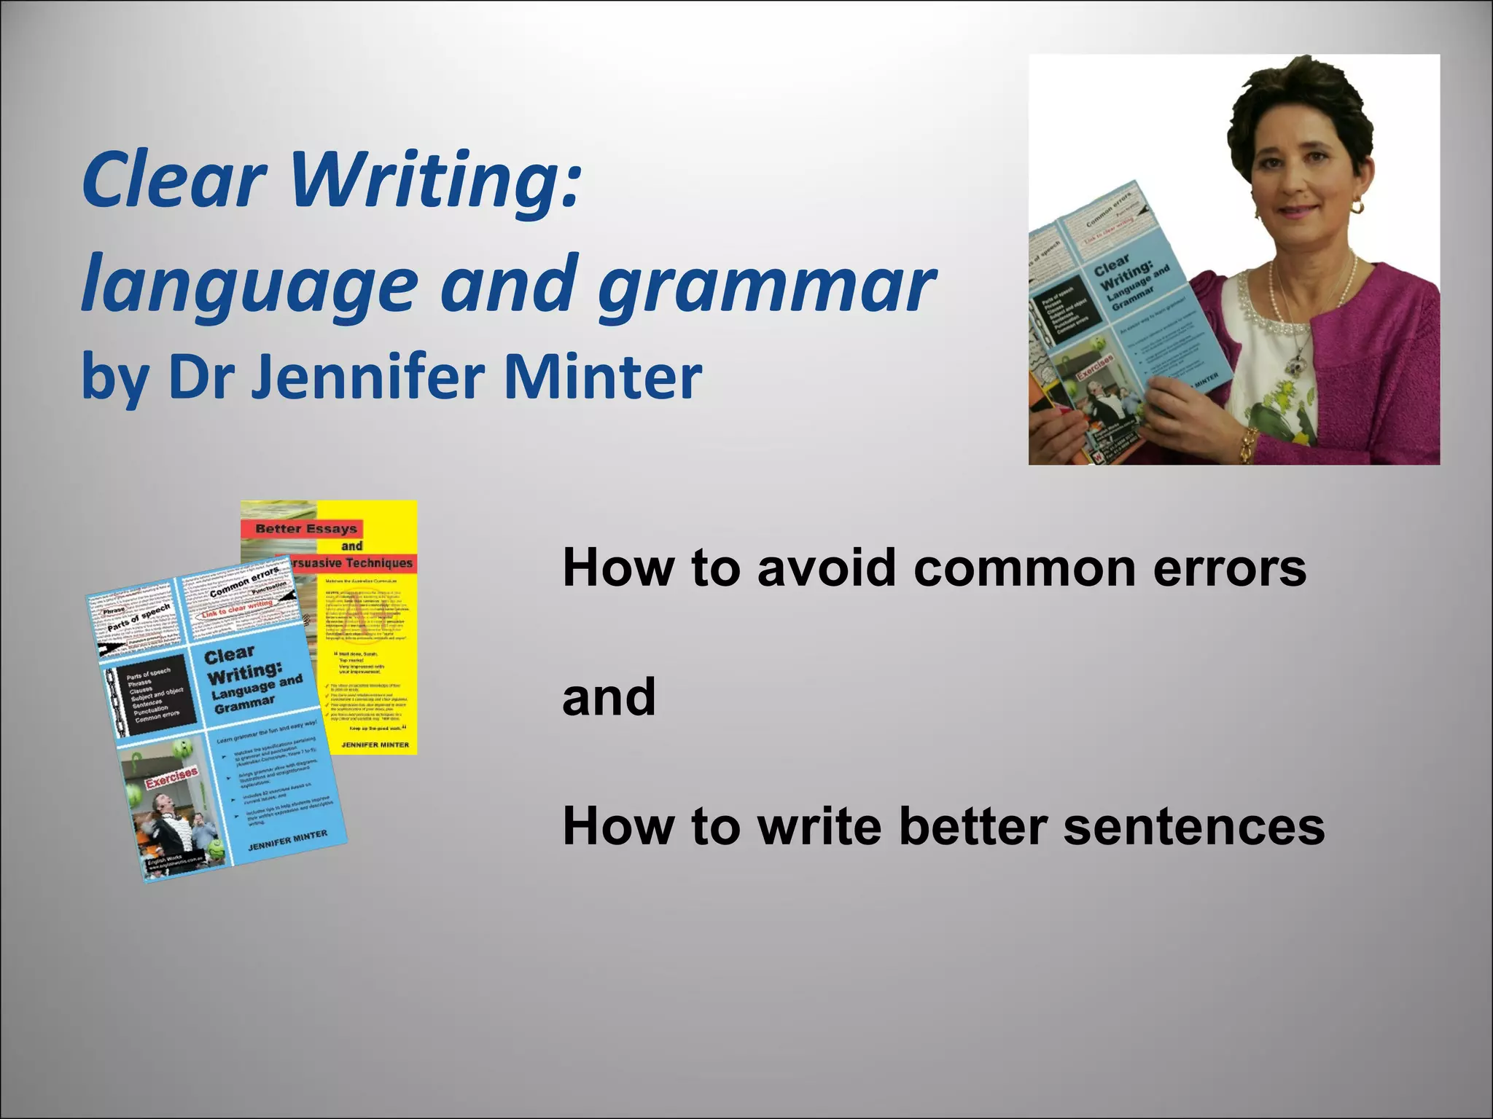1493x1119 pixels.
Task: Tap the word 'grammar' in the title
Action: pos(765,286)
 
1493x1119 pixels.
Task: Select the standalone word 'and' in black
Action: pos(609,697)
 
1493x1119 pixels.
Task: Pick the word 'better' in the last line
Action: pos(972,827)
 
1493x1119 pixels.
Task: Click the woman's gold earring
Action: pos(1357,207)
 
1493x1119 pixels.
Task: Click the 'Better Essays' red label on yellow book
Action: pos(305,529)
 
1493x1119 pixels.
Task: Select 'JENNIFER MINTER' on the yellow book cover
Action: pos(375,745)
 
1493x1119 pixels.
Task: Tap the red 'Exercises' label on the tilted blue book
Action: pos(172,778)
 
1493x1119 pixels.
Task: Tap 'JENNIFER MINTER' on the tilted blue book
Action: pos(287,841)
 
